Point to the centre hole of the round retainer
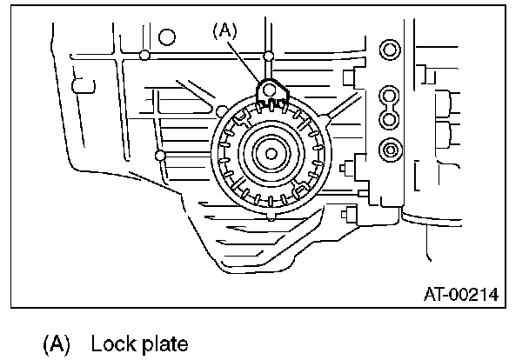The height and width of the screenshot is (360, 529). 270,154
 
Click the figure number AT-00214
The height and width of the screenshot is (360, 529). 459,295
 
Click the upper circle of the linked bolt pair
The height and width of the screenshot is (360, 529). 389,93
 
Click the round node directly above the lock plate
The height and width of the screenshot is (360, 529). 270,57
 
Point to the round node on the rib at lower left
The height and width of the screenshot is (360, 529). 159,156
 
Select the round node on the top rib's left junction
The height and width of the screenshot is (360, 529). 144,57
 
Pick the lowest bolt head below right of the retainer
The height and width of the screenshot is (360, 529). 351,211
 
